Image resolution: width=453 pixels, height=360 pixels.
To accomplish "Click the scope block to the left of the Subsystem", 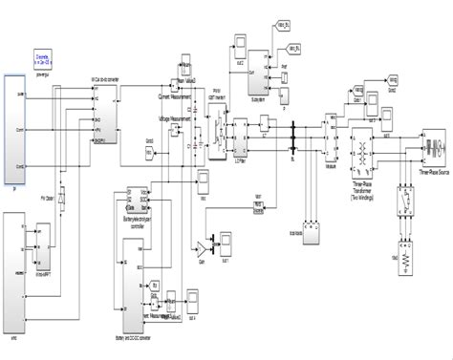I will (234, 48).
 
